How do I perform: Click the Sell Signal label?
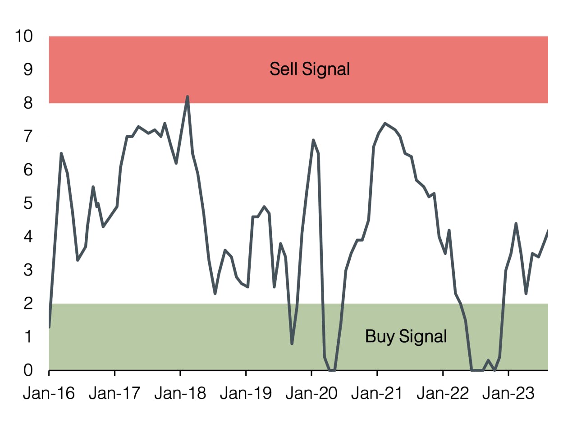coord(310,69)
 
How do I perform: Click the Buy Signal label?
coord(406,336)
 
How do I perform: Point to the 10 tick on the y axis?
coord(24,37)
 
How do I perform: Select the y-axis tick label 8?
coord(28,103)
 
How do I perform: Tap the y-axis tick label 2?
coord(28,304)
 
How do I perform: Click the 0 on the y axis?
coord(28,370)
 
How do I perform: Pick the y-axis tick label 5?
coord(28,203)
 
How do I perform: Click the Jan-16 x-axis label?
coord(49,394)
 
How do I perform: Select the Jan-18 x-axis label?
coord(180,394)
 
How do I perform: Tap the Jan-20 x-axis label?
coord(311,394)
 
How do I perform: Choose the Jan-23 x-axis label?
coord(508,394)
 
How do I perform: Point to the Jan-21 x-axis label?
coord(377,394)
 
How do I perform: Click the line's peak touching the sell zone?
coord(188,97)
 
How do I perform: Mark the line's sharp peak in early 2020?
coord(313,140)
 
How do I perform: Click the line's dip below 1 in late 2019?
coord(292,344)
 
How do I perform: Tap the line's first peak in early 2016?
coord(61,154)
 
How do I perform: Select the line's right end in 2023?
coord(548,230)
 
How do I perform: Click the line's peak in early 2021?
coord(385,123)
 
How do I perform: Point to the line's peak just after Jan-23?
coord(516,224)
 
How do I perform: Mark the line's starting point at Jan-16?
coord(49,327)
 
